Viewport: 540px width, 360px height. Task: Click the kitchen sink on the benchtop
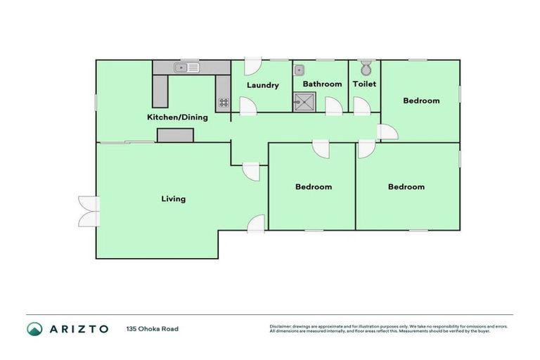tap(188, 67)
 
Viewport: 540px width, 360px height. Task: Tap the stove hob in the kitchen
tap(224, 103)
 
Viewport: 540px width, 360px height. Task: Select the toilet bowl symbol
tap(365, 68)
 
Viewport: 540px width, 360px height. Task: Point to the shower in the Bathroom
tap(305, 104)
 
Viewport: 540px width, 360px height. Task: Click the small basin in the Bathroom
tap(300, 70)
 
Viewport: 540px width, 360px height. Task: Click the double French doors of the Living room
tap(89, 211)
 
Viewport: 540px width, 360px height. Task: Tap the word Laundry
tap(263, 86)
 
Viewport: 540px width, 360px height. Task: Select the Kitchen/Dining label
tap(176, 117)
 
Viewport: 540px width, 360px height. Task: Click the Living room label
tap(173, 199)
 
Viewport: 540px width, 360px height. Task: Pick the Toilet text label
tap(364, 84)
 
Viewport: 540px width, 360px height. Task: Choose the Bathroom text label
tap(322, 84)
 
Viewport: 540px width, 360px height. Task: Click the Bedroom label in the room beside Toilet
tap(421, 101)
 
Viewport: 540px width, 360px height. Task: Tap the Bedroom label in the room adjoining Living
tap(313, 187)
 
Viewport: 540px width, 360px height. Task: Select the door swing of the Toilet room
tap(361, 106)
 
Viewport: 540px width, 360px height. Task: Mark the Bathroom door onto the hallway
tap(333, 106)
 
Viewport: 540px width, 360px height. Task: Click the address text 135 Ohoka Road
tap(153, 329)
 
